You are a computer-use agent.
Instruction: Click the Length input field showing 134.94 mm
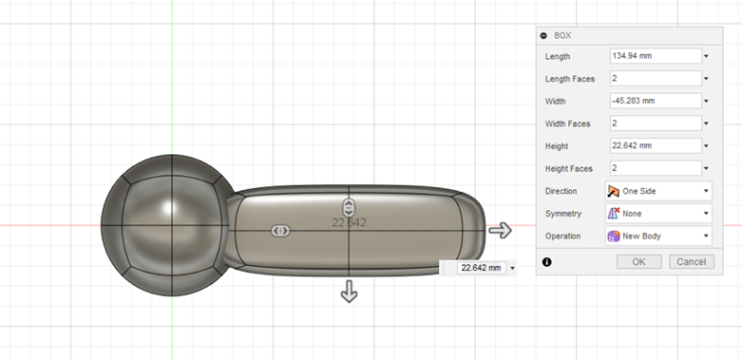(656, 56)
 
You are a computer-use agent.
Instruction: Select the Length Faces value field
(656, 79)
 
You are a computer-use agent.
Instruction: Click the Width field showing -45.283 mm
(656, 101)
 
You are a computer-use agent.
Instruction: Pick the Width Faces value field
(656, 123)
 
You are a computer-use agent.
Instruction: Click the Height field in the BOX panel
(656, 145)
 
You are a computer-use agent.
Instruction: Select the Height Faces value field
(656, 168)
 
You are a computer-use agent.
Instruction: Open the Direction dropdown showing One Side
(658, 191)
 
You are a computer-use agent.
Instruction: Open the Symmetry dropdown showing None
(658, 214)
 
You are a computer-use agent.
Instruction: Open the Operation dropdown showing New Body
(658, 237)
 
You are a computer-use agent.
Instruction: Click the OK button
(638, 261)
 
